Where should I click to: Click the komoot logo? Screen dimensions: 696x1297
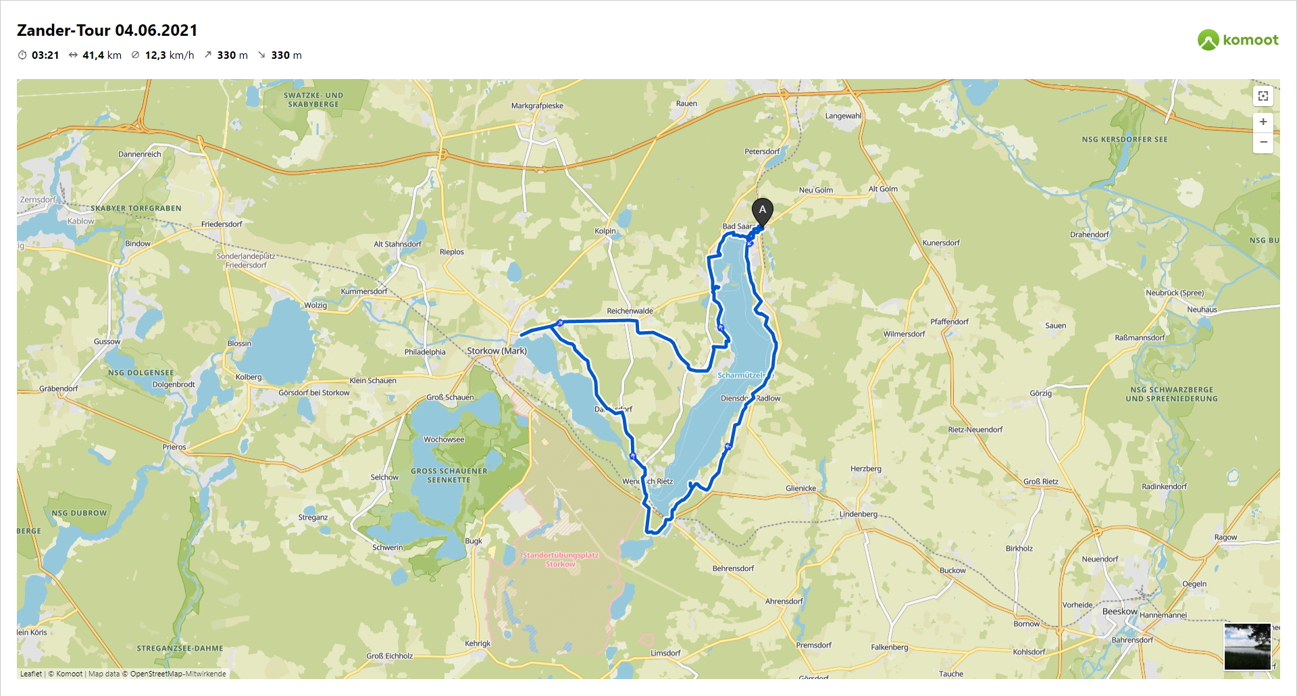click(1238, 40)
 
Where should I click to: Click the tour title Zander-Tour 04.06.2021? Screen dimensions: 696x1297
click(107, 30)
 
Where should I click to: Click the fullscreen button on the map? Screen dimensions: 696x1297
click(1263, 96)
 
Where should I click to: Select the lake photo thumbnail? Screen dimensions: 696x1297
click(1247, 647)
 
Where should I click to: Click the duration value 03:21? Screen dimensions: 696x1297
click(45, 55)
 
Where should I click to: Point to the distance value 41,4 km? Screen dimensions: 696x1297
click(101, 55)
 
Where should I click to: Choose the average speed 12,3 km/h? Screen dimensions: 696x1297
click(169, 55)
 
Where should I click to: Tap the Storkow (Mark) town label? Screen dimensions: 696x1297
click(497, 351)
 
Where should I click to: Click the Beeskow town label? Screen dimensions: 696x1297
click(1119, 612)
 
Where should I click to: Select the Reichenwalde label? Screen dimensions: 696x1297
click(630, 311)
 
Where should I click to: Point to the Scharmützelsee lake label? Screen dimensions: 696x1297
click(740, 375)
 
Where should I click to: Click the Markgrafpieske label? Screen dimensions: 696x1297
click(537, 105)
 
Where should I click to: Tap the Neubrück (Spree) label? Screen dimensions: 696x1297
click(1174, 293)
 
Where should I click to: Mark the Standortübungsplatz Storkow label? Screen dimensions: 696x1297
click(560, 560)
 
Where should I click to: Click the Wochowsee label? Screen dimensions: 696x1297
click(444, 439)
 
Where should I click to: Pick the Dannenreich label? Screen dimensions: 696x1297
click(140, 154)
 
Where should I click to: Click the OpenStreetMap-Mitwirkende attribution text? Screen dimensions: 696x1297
click(178, 674)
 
